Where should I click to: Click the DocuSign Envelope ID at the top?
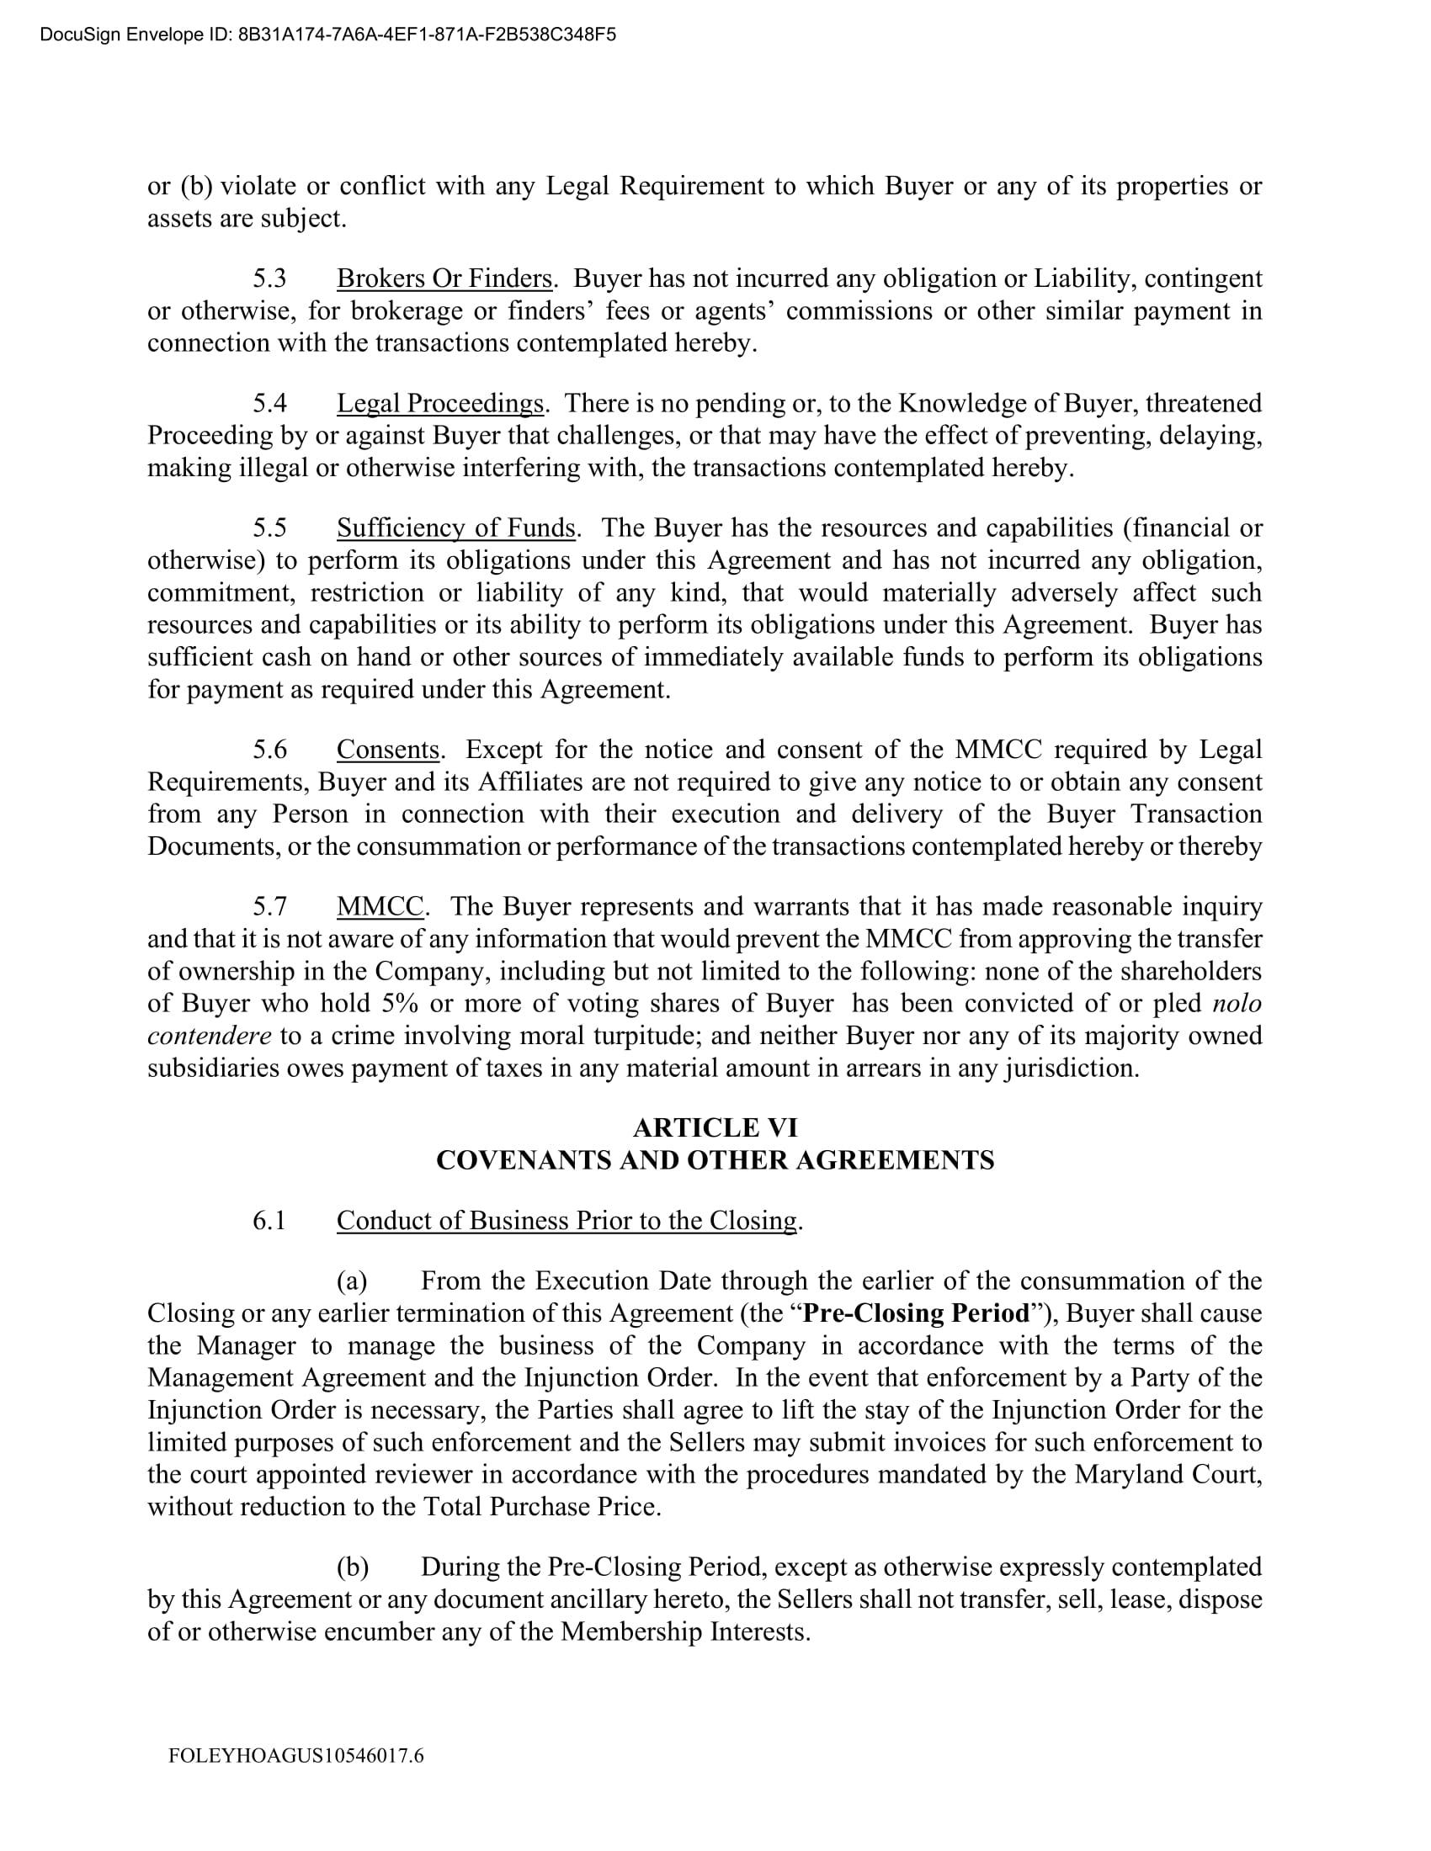pos(327,34)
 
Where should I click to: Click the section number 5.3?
pos(269,278)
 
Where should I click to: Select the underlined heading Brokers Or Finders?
pos(444,278)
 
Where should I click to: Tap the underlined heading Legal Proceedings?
pos(440,402)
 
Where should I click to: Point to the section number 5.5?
pos(269,528)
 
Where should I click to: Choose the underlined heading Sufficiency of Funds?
pos(456,528)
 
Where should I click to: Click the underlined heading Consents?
pos(387,749)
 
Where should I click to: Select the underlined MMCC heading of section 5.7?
pos(380,906)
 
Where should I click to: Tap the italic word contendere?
pos(210,1036)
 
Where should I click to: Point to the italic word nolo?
pos(1237,1004)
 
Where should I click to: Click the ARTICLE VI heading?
pos(715,1127)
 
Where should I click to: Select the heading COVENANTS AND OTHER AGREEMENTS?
pos(715,1159)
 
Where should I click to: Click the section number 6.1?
pos(269,1221)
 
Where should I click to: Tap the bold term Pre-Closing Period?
pos(916,1313)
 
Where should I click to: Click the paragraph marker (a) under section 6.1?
pos(352,1281)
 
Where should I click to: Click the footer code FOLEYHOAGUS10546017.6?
pos(295,1755)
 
